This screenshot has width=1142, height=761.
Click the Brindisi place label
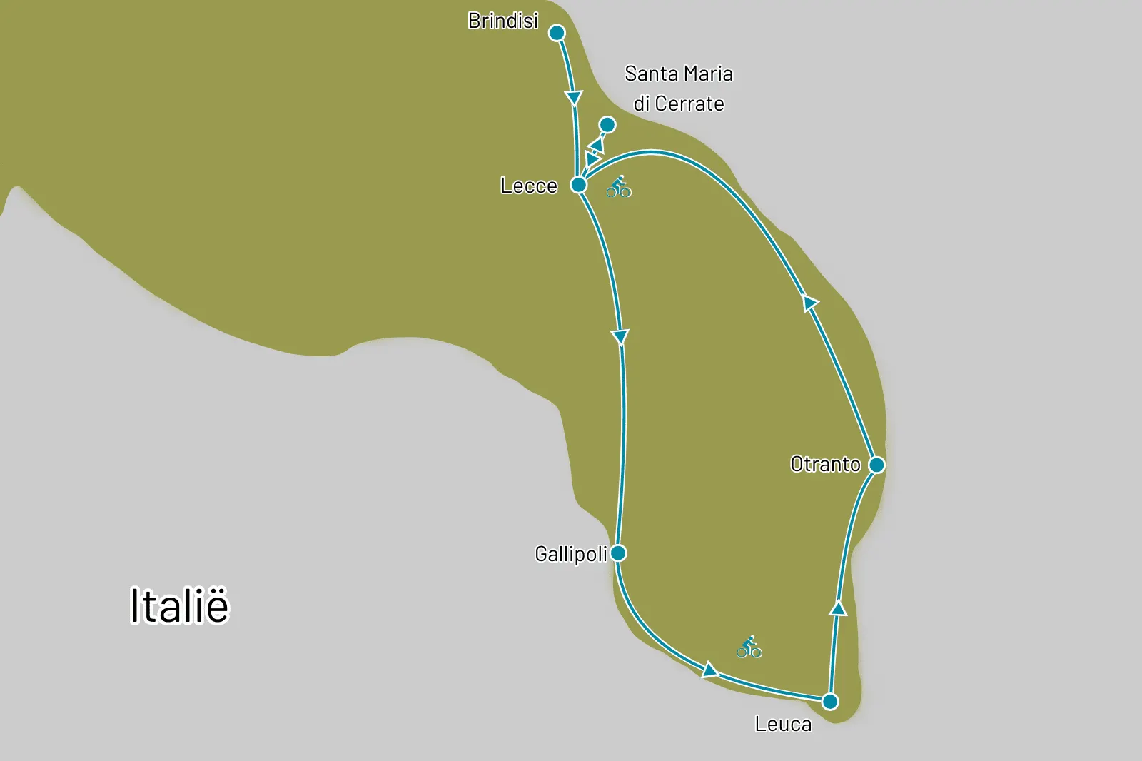pyautogui.click(x=503, y=21)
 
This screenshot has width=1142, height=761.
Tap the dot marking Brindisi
pyautogui.click(x=557, y=33)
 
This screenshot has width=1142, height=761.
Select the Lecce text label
pyautogui.click(x=528, y=186)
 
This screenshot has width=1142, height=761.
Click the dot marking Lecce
pyautogui.click(x=579, y=186)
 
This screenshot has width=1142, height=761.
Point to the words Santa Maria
pyautogui.click(x=678, y=74)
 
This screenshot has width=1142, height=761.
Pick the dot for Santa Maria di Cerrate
pyautogui.click(x=607, y=126)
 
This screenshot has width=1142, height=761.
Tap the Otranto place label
pyautogui.click(x=825, y=465)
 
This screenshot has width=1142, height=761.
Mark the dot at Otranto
pyautogui.click(x=876, y=465)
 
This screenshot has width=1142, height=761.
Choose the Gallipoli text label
pyautogui.click(x=571, y=554)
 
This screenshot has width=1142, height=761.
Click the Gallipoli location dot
pyautogui.click(x=618, y=553)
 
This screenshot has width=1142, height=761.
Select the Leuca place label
pyautogui.click(x=783, y=725)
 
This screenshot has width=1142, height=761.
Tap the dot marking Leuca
pyautogui.click(x=829, y=702)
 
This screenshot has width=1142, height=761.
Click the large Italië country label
pyautogui.click(x=179, y=606)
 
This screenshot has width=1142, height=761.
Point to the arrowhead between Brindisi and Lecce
pyautogui.click(x=574, y=97)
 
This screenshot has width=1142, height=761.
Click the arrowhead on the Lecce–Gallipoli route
pyautogui.click(x=620, y=337)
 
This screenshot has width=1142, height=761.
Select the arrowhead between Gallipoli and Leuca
pyautogui.click(x=709, y=670)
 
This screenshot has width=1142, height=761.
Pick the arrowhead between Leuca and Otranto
pyautogui.click(x=839, y=608)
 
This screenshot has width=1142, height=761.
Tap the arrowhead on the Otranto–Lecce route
pyautogui.click(x=809, y=303)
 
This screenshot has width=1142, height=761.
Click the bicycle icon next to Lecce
pyautogui.click(x=619, y=187)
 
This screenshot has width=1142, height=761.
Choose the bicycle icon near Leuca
pyautogui.click(x=749, y=647)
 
